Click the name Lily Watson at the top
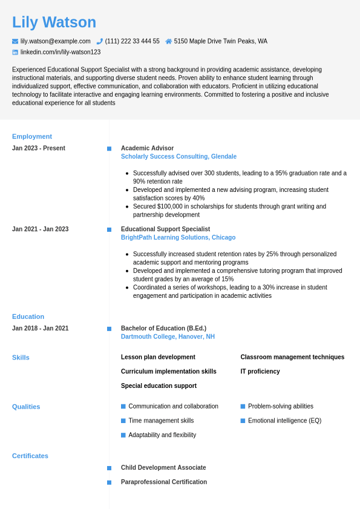tap(54, 22)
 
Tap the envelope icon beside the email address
tap(15, 42)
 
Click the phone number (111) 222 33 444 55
tap(132, 41)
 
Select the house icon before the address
tap(169, 42)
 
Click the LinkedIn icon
tap(15, 53)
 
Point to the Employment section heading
tap(32, 136)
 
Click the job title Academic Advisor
tap(147, 148)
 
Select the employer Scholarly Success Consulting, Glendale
tap(178, 157)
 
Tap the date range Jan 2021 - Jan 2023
tap(40, 229)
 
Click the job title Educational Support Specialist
tap(165, 229)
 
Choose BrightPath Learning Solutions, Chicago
tap(178, 238)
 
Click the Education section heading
tap(28, 317)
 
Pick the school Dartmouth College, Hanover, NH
tap(168, 337)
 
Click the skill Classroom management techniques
tap(292, 357)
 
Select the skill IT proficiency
tap(260, 372)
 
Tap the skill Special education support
tap(159, 386)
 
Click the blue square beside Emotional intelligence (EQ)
tap(243, 421)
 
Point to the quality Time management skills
tap(161, 421)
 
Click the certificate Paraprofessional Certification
tap(164, 482)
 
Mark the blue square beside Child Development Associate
tap(110, 468)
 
